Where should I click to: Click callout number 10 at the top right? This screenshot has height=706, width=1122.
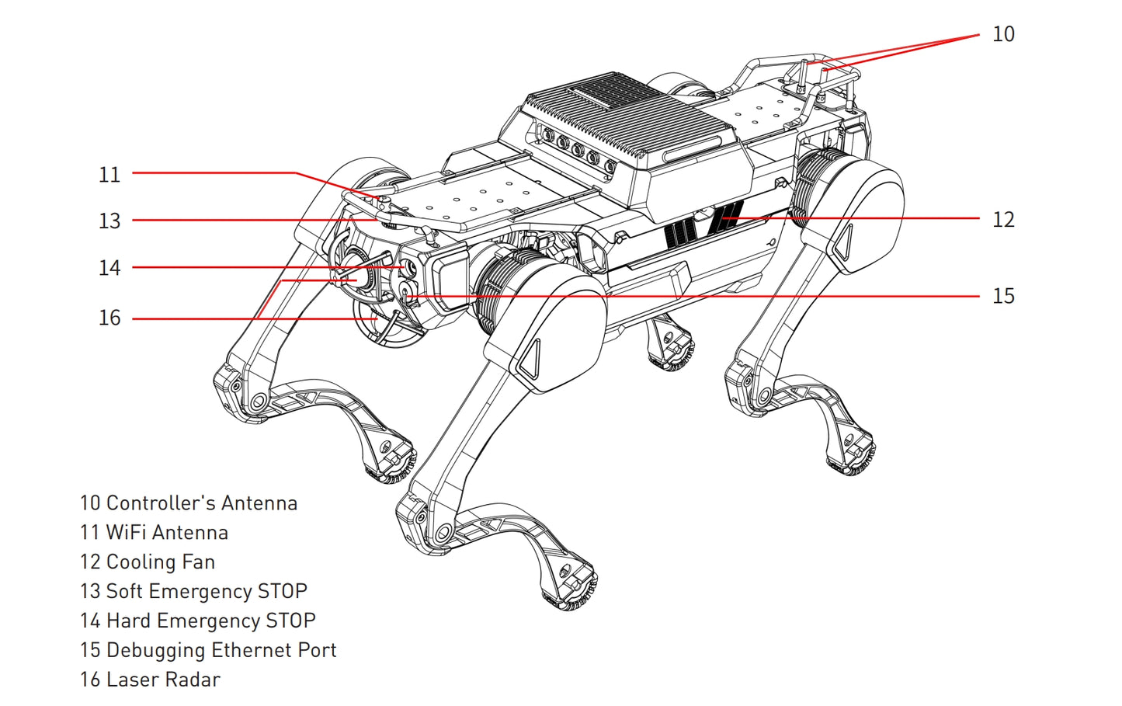1002,34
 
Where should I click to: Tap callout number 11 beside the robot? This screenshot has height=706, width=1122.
109,174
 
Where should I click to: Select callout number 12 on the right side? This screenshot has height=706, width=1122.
1002,220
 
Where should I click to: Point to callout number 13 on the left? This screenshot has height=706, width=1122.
109,221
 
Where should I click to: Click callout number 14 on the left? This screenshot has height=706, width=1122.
109,268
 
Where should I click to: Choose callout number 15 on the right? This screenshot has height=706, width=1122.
1002,296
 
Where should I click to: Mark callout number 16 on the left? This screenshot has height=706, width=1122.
109,318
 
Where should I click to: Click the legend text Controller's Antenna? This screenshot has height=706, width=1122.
189,503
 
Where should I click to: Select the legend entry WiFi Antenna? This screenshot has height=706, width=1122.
155,533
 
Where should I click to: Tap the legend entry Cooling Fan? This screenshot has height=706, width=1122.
148,562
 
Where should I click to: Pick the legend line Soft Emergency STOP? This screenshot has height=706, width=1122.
193,592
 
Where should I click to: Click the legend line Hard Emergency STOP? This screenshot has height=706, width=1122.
197,621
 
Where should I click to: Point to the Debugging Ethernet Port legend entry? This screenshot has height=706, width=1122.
208,650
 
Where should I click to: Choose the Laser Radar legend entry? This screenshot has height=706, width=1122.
150,680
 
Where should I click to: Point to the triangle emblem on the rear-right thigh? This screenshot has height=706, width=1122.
844,243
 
